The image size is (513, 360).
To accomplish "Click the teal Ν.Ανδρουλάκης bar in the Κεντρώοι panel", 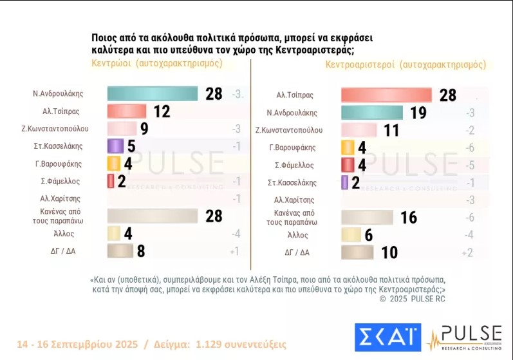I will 152,93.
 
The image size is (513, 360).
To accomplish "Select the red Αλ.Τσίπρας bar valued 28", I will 385,95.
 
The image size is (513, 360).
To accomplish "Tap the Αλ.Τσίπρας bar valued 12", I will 127,111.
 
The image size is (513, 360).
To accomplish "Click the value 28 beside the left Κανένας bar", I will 214,216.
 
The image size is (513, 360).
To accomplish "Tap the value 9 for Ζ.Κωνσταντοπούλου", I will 144,129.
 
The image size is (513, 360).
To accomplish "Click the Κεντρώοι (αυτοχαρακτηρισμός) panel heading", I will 157,63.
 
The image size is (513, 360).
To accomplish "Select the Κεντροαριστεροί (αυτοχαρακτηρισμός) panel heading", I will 406,64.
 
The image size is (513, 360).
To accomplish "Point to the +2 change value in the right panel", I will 467,252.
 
